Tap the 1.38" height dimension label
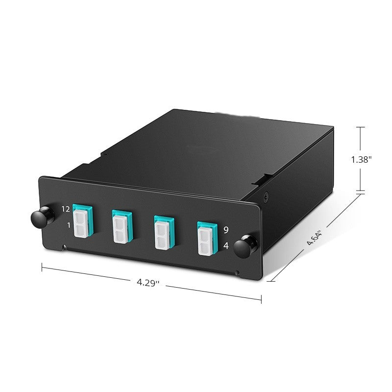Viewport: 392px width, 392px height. click(x=362, y=159)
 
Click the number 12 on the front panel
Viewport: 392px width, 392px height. click(x=66, y=209)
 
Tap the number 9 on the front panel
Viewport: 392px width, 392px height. click(x=225, y=229)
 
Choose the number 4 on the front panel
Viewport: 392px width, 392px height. click(x=225, y=246)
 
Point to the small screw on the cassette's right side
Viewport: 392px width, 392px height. click(x=266, y=196)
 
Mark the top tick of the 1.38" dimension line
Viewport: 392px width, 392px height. click(x=362, y=127)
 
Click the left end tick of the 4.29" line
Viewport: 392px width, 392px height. click(x=42, y=267)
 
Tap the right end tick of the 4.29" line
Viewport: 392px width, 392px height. click(x=261, y=298)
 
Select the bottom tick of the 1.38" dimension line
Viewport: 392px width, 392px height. click(x=362, y=191)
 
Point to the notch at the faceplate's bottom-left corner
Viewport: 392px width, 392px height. click(x=64, y=247)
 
